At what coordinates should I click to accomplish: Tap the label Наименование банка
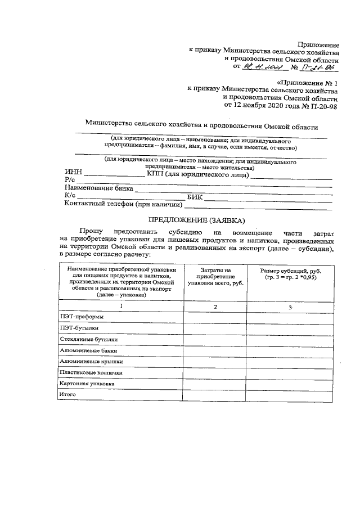pos(99,188)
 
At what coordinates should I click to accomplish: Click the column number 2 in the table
pos(215,306)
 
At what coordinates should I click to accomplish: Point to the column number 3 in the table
pos(290,307)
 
